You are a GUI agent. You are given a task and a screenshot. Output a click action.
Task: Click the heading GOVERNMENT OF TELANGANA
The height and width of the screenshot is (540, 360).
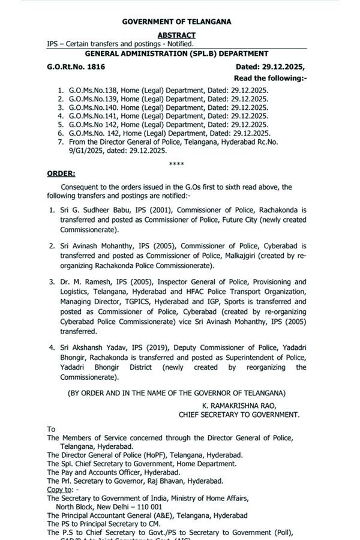tap(176, 22)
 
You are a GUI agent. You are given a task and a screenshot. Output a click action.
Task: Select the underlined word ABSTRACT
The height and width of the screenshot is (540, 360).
tap(176, 35)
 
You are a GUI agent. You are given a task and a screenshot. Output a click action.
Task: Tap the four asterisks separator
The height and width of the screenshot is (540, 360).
tap(177, 163)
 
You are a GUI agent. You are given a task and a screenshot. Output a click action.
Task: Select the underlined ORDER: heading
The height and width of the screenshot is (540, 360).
tap(61, 173)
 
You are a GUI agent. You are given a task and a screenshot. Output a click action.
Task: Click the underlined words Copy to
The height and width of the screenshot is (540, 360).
tap(59, 490)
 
